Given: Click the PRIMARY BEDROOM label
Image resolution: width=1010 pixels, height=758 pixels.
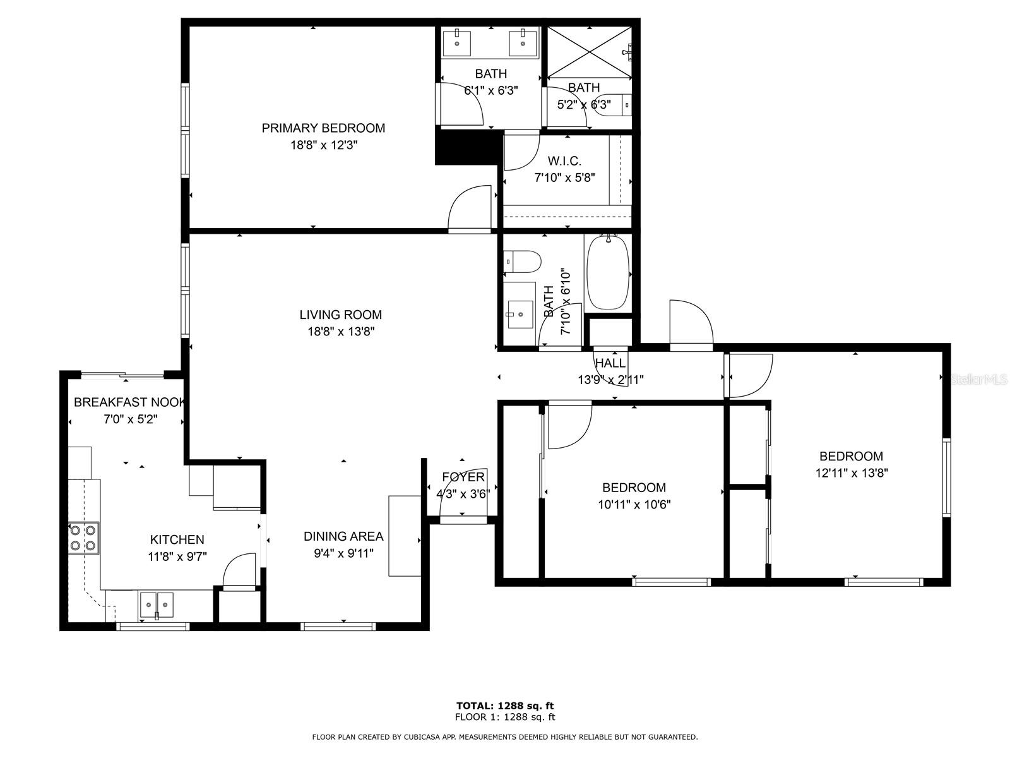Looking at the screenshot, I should pyautogui.click(x=323, y=128).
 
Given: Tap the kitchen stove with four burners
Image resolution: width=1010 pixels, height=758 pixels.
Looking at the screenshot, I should pyautogui.click(x=83, y=538).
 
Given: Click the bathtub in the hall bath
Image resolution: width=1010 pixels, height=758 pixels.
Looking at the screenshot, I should pyautogui.click(x=608, y=272).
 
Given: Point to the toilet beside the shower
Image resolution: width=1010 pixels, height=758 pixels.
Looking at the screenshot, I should pyautogui.click(x=612, y=104).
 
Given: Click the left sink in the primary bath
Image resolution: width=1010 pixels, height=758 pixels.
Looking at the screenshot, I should pyautogui.click(x=456, y=43).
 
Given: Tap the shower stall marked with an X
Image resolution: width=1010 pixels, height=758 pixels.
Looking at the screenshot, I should pyautogui.click(x=588, y=53).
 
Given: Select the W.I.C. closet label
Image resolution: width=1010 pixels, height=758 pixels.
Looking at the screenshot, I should pyautogui.click(x=564, y=161).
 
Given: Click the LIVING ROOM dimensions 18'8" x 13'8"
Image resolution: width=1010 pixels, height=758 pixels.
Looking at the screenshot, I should pyautogui.click(x=341, y=331).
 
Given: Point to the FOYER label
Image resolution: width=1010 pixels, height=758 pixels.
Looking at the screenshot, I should pyautogui.click(x=463, y=477).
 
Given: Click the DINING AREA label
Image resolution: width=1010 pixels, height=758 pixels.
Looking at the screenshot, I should pyautogui.click(x=343, y=536).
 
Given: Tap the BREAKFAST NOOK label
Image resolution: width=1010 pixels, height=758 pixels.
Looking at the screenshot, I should pyautogui.click(x=129, y=402).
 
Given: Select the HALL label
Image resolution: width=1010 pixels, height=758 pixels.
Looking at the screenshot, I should pyautogui.click(x=610, y=363).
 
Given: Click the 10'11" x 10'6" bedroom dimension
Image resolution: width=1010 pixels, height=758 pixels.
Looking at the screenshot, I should pyautogui.click(x=634, y=504).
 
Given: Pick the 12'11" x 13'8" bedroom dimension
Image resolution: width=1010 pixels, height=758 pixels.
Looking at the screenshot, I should pyautogui.click(x=852, y=472).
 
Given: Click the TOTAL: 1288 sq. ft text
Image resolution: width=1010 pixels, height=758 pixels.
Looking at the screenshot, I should pyautogui.click(x=505, y=706).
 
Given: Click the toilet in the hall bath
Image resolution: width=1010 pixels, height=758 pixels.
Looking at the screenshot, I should pyautogui.click(x=523, y=261).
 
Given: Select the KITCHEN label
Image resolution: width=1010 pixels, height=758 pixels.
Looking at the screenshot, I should pyautogui.click(x=177, y=539).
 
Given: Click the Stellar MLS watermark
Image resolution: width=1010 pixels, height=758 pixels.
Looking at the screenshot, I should pyautogui.click(x=979, y=380).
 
